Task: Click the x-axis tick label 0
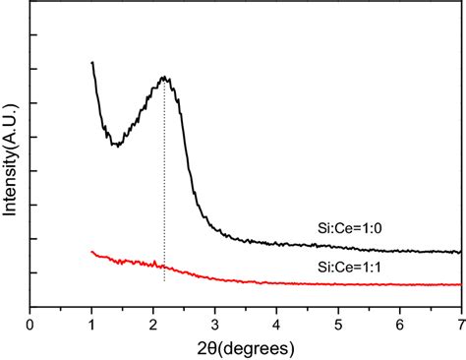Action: [30, 321]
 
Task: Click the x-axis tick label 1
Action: [92, 321]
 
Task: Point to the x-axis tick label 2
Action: [153, 321]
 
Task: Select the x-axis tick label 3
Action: [215, 321]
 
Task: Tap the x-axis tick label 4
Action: [276, 321]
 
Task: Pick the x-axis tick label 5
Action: [338, 321]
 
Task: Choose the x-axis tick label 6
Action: [399, 321]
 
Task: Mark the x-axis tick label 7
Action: [460, 321]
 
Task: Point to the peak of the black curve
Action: [165, 77]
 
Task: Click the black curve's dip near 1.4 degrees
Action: [117, 146]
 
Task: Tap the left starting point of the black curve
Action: [92, 62]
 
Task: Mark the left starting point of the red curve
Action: [92, 251]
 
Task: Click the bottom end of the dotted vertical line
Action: [165, 282]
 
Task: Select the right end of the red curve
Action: [460, 284]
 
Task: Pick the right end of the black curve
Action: [460, 252]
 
